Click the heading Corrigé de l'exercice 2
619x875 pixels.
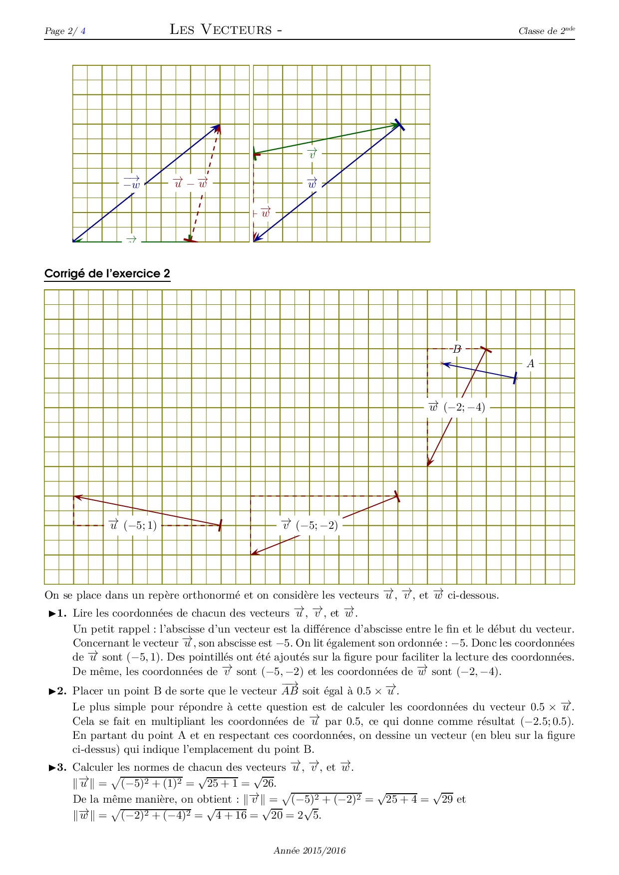click(x=107, y=274)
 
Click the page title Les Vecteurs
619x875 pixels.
click(x=226, y=29)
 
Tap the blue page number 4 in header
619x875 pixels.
click(x=83, y=31)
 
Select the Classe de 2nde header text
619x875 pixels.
click(x=547, y=31)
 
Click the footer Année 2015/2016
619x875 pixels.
click(x=309, y=851)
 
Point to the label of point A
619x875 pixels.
click(x=531, y=364)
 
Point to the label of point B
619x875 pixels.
click(x=456, y=349)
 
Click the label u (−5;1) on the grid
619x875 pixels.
click(x=133, y=525)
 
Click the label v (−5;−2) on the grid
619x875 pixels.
click(x=309, y=525)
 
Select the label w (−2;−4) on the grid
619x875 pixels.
click(x=457, y=407)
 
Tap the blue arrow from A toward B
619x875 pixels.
click(x=479, y=371)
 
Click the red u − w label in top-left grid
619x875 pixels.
click(x=190, y=183)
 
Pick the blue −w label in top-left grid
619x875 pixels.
click(x=132, y=183)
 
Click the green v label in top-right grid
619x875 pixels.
click(x=312, y=154)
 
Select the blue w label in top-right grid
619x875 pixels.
click(x=312, y=183)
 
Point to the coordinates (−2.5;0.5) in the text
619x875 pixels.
click(x=547, y=721)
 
